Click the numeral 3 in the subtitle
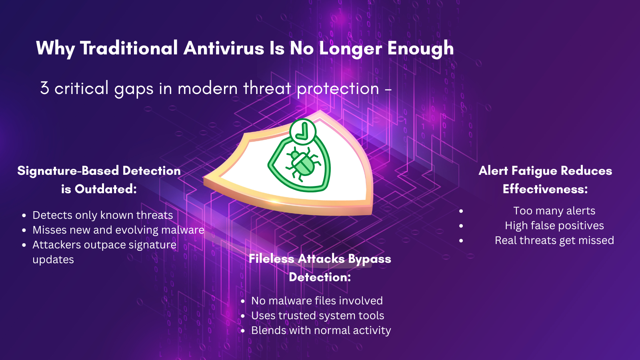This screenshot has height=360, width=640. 44,88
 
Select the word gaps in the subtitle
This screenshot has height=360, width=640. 134,89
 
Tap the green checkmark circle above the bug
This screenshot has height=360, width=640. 303,132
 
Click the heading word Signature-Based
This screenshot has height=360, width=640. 68,171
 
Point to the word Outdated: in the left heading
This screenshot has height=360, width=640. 106,189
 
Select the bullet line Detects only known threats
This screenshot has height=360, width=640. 102,215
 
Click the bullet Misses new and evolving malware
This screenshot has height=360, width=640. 118,230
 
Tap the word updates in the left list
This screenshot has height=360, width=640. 53,260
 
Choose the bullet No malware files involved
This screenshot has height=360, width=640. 317,301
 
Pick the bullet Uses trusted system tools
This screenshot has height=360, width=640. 318,316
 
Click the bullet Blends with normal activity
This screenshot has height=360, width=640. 321,330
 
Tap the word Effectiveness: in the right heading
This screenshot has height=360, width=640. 545,189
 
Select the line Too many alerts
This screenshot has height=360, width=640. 554,211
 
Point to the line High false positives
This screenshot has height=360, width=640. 554,226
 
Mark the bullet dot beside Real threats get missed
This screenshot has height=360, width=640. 461,241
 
